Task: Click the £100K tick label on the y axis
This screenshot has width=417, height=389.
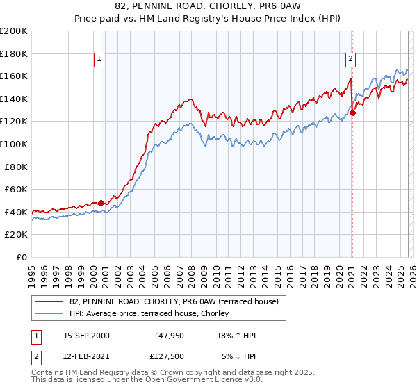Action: pos(14,144)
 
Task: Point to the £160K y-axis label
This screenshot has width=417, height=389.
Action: pos(14,76)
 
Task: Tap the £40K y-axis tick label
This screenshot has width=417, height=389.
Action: pos(16,212)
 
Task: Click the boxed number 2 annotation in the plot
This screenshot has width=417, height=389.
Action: pos(352,59)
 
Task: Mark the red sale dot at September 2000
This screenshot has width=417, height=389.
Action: pos(101,203)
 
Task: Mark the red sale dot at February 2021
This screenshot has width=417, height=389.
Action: pos(352,112)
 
